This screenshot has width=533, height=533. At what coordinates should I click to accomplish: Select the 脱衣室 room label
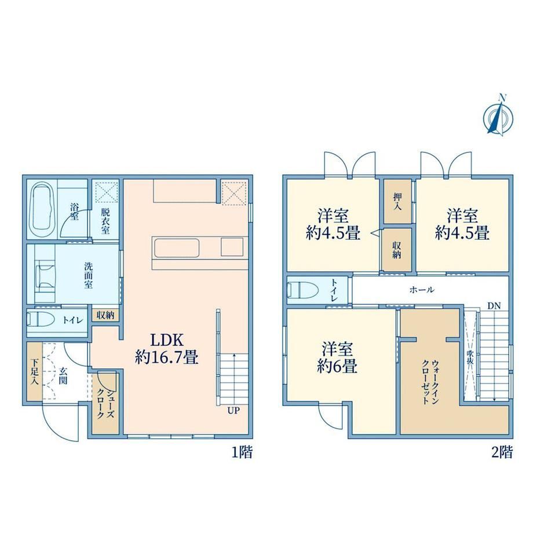pyautogui.click(x=105, y=221)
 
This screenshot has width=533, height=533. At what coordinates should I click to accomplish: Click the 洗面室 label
pyautogui.click(x=89, y=275)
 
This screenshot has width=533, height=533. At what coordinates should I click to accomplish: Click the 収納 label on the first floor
pyautogui.click(x=105, y=315)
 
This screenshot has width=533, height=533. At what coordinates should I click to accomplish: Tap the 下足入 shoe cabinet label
pyautogui.click(x=34, y=372)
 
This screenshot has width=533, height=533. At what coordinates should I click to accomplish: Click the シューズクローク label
pyautogui.click(x=105, y=404)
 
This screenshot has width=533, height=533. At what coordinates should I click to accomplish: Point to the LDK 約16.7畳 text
pyautogui.click(x=167, y=348)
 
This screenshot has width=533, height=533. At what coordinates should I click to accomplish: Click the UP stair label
pyautogui.click(x=233, y=411)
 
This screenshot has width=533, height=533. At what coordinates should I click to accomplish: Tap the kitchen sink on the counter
pyautogui.click(x=177, y=248)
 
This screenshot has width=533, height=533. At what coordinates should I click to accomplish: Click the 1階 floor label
pyautogui.click(x=242, y=452)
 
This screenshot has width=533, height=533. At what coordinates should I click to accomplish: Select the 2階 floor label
pyautogui.click(x=502, y=452)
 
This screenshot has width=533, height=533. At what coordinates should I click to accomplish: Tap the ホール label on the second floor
pyautogui.click(x=422, y=290)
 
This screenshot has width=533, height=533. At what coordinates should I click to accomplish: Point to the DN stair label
pyautogui.click(x=494, y=305)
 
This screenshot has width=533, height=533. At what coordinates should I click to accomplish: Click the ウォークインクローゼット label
pyautogui.click(x=430, y=382)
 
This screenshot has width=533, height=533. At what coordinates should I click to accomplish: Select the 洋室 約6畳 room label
pyautogui.click(x=337, y=358)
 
